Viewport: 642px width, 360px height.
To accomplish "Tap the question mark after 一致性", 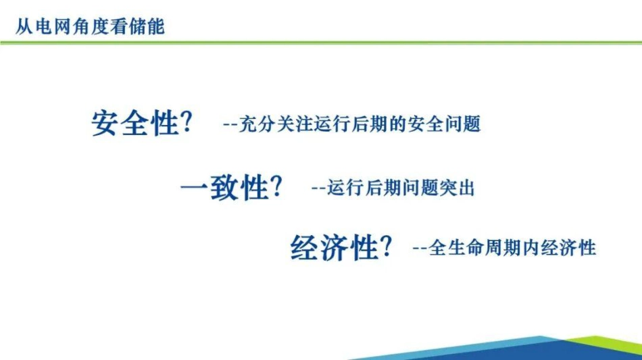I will click(276, 186).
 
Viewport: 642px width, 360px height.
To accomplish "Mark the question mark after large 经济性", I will click(386, 247).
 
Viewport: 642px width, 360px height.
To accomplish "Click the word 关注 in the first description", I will click(291, 125).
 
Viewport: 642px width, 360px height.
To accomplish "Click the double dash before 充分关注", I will click(229, 126).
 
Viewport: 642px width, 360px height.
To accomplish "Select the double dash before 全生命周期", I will click(419, 249).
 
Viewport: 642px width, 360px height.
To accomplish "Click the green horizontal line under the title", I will click(321, 43).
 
